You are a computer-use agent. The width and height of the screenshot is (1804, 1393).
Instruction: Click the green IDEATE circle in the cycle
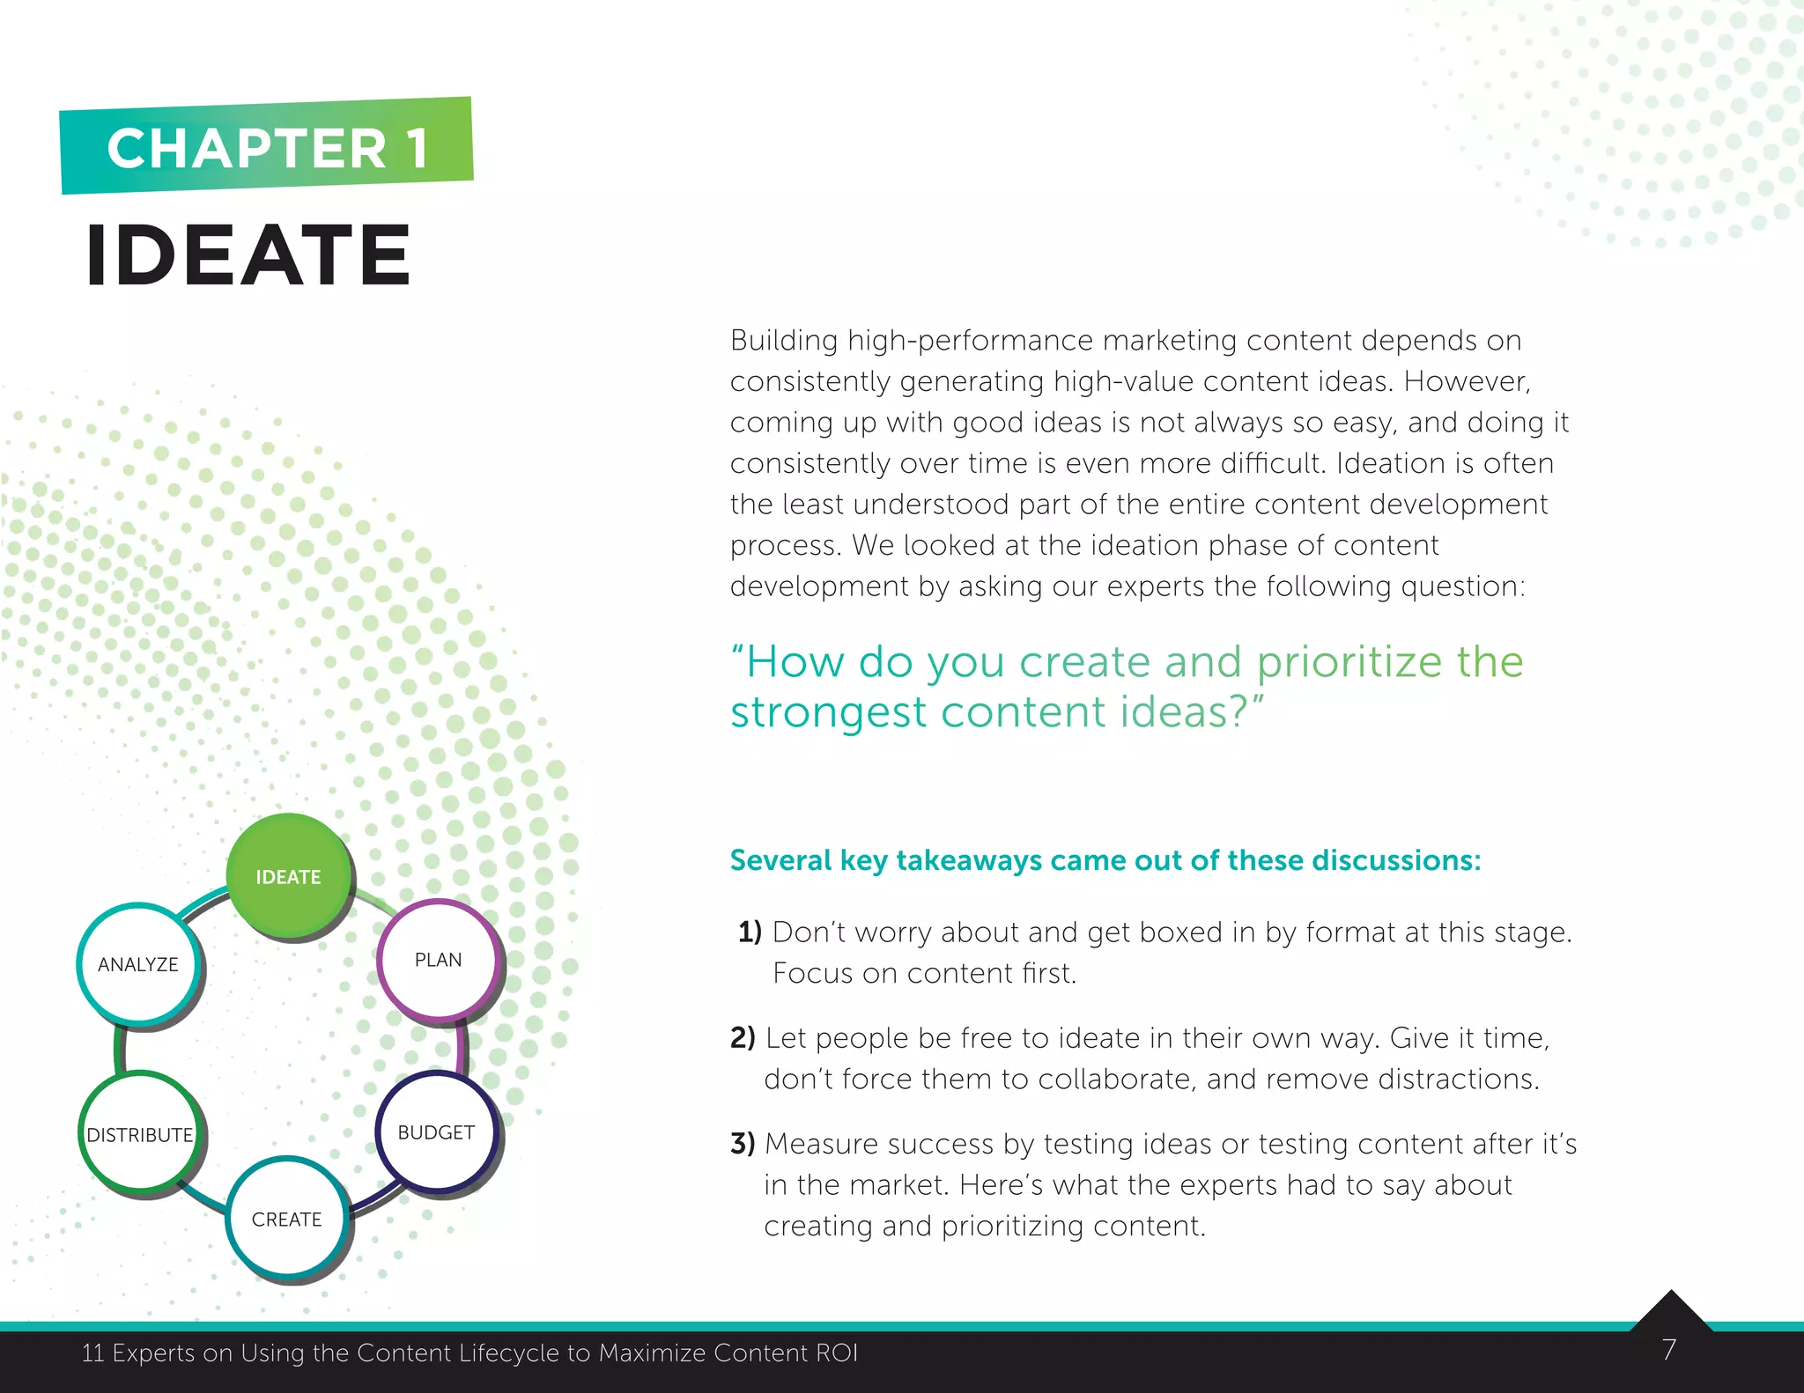pyautogui.click(x=288, y=875)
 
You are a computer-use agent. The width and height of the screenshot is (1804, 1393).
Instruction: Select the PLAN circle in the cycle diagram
pyautogui.click(x=438, y=960)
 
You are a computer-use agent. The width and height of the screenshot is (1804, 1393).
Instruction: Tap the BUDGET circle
pyautogui.click(x=436, y=1132)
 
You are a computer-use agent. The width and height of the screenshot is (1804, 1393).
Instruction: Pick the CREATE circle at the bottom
pyautogui.click(x=286, y=1219)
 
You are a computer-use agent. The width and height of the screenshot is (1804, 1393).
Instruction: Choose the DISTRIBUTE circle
pyautogui.click(x=139, y=1134)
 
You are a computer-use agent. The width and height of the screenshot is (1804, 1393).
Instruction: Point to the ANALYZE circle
pyautogui.click(x=138, y=964)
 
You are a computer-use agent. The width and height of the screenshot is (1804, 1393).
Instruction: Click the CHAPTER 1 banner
pyautogui.click(x=267, y=146)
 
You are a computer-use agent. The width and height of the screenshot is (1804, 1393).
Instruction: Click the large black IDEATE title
pyautogui.click(x=248, y=255)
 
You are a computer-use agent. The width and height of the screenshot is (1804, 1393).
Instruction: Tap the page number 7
pyautogui.click(x=1668, y=1349)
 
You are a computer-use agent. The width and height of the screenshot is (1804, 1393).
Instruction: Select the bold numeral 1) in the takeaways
pyautogui.click(x=750, y=932)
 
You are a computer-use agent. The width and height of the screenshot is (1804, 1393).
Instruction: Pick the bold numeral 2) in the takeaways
pyautogui.click(x=743, y=1037)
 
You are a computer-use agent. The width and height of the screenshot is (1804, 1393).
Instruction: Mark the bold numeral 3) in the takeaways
pyautogui.click(x=743, y=1143)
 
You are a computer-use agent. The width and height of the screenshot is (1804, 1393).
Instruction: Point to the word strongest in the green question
pyautogui.click(x=828, y=711)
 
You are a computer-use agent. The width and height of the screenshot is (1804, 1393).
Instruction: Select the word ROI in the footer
pyautogui.click(x=837, y=1352)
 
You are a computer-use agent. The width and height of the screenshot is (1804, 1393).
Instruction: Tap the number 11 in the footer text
pyautogui.click(x=92, y=1352)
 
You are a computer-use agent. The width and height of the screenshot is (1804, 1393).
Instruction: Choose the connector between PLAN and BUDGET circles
pyautogui.click(x=462, y=1048)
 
